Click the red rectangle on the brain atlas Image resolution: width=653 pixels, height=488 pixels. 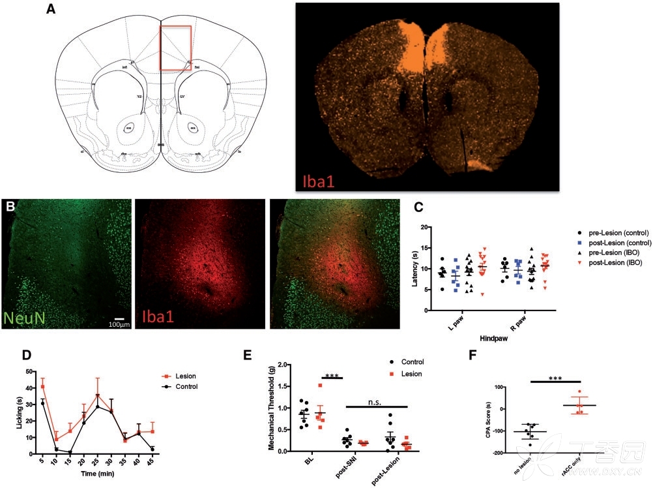176,48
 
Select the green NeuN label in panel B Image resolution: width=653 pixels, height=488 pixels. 28,318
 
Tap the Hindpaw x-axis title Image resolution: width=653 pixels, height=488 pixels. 487,340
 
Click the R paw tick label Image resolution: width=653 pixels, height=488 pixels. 516,324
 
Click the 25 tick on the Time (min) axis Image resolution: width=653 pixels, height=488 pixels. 98,461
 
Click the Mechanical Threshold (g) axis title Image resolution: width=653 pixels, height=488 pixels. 271,408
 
